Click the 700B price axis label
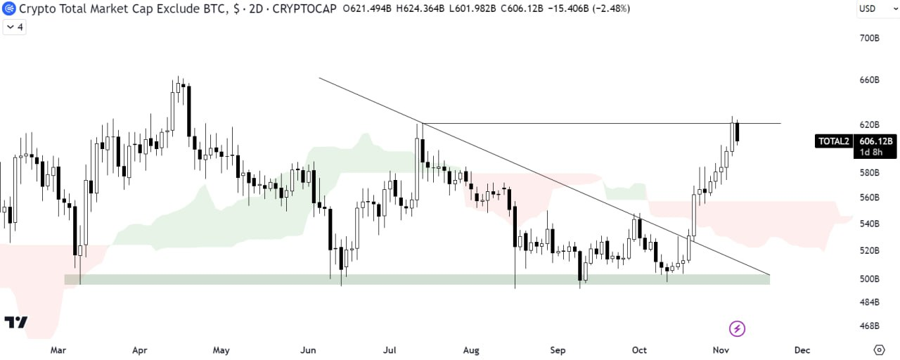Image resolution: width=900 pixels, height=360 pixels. point(870,38)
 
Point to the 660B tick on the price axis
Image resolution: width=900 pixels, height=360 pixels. point(870,80)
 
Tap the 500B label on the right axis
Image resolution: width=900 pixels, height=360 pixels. point(870,279)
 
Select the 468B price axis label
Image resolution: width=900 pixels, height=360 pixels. point(870,326)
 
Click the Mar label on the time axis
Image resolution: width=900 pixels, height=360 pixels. point(58,350)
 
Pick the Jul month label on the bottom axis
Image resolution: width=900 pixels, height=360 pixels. point(390,350)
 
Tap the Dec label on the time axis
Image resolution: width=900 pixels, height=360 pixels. point(802,350)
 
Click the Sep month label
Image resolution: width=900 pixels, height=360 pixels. point(558,350)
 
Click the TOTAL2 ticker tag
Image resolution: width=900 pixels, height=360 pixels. point(834,141)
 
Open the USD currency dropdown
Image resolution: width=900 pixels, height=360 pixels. point(877,9)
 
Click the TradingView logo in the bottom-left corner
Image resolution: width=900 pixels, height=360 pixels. point(16,322)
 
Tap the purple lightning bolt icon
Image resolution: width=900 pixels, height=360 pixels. point(738,329)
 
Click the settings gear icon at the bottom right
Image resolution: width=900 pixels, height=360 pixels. point(879,350)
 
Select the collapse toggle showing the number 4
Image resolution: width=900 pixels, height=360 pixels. point(15,27)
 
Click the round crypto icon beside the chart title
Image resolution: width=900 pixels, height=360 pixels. point(9,8)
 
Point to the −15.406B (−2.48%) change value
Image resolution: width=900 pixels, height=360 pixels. point(589,8)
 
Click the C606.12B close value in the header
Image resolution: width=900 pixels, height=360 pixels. point(522,8)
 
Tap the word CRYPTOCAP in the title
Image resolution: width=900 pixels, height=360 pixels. point(304,8)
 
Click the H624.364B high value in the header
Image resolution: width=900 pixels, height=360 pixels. point(420,8)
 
